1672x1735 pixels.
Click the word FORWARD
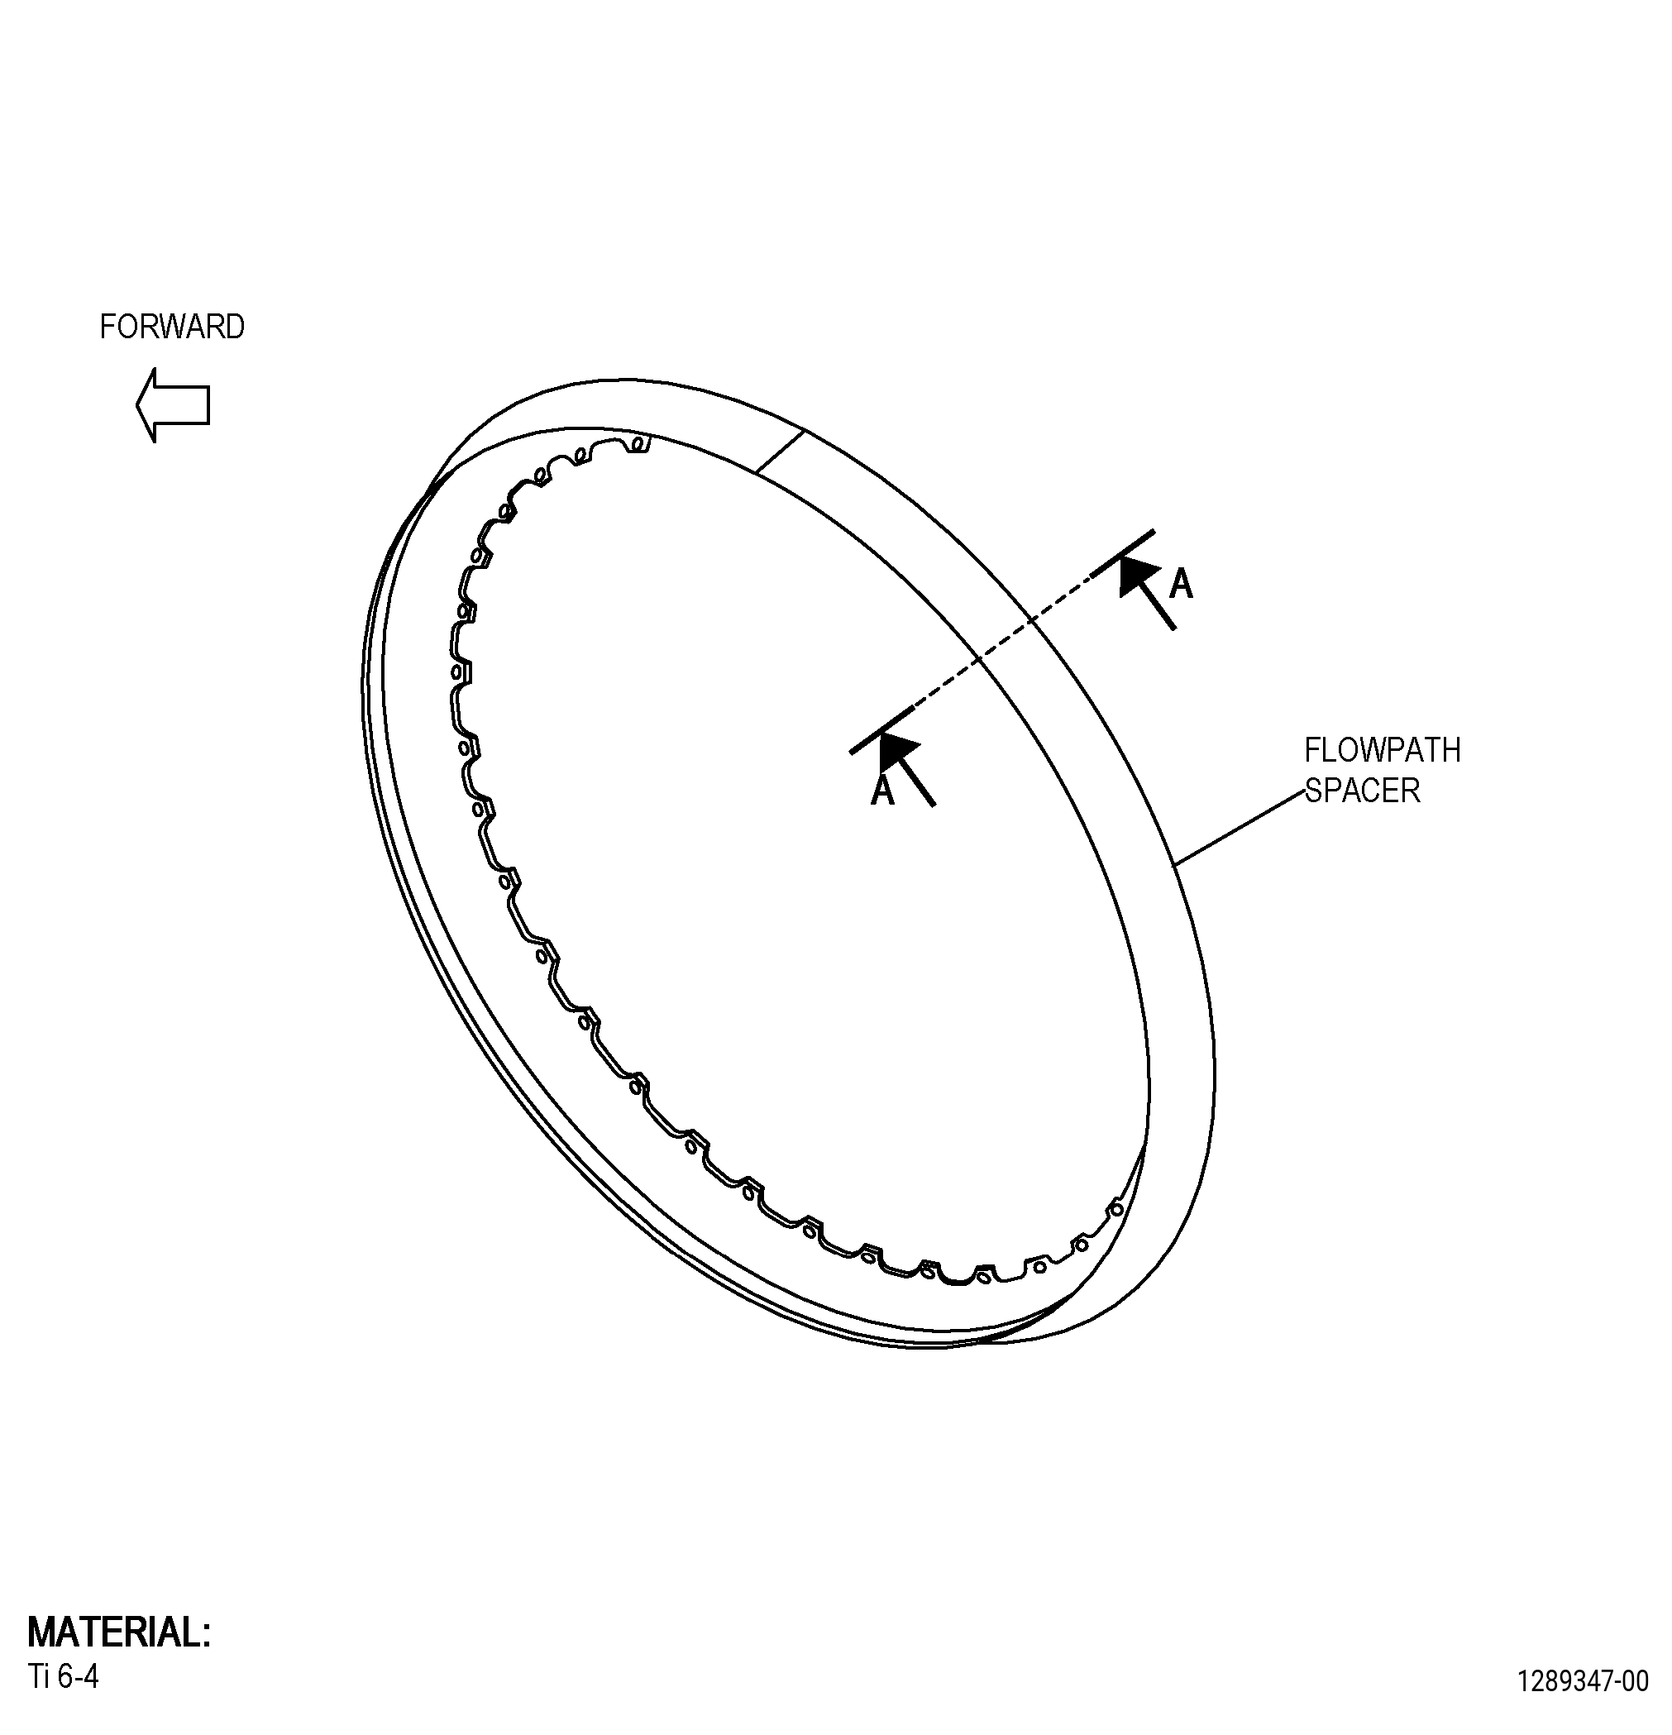(x=172, y=327)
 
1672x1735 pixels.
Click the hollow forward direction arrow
(x=173, y=404)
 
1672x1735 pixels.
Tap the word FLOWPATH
(x=1382, y=751)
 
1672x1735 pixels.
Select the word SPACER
(x=1361, y=791)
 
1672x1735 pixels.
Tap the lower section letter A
(x=882, y=791)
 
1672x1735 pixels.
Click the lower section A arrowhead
(x=896, y=753)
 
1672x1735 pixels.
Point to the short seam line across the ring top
(x=780, y=452)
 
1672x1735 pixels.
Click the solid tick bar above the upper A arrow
(x=1122, y=553)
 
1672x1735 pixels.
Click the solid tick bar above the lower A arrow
(x=881, y=730)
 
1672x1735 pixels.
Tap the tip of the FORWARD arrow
(x=136, y=404)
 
